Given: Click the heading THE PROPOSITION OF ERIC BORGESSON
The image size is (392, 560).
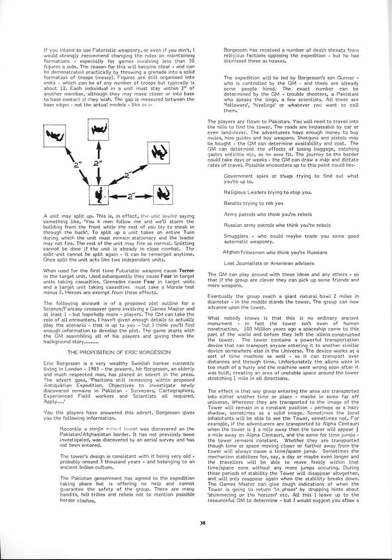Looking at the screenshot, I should [119, 339].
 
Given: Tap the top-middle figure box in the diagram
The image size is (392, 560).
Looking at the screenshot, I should [99, 130].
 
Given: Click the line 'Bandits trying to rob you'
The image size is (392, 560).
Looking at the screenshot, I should [253, 203].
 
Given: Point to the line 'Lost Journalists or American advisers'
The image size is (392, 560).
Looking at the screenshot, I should [269, 263].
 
